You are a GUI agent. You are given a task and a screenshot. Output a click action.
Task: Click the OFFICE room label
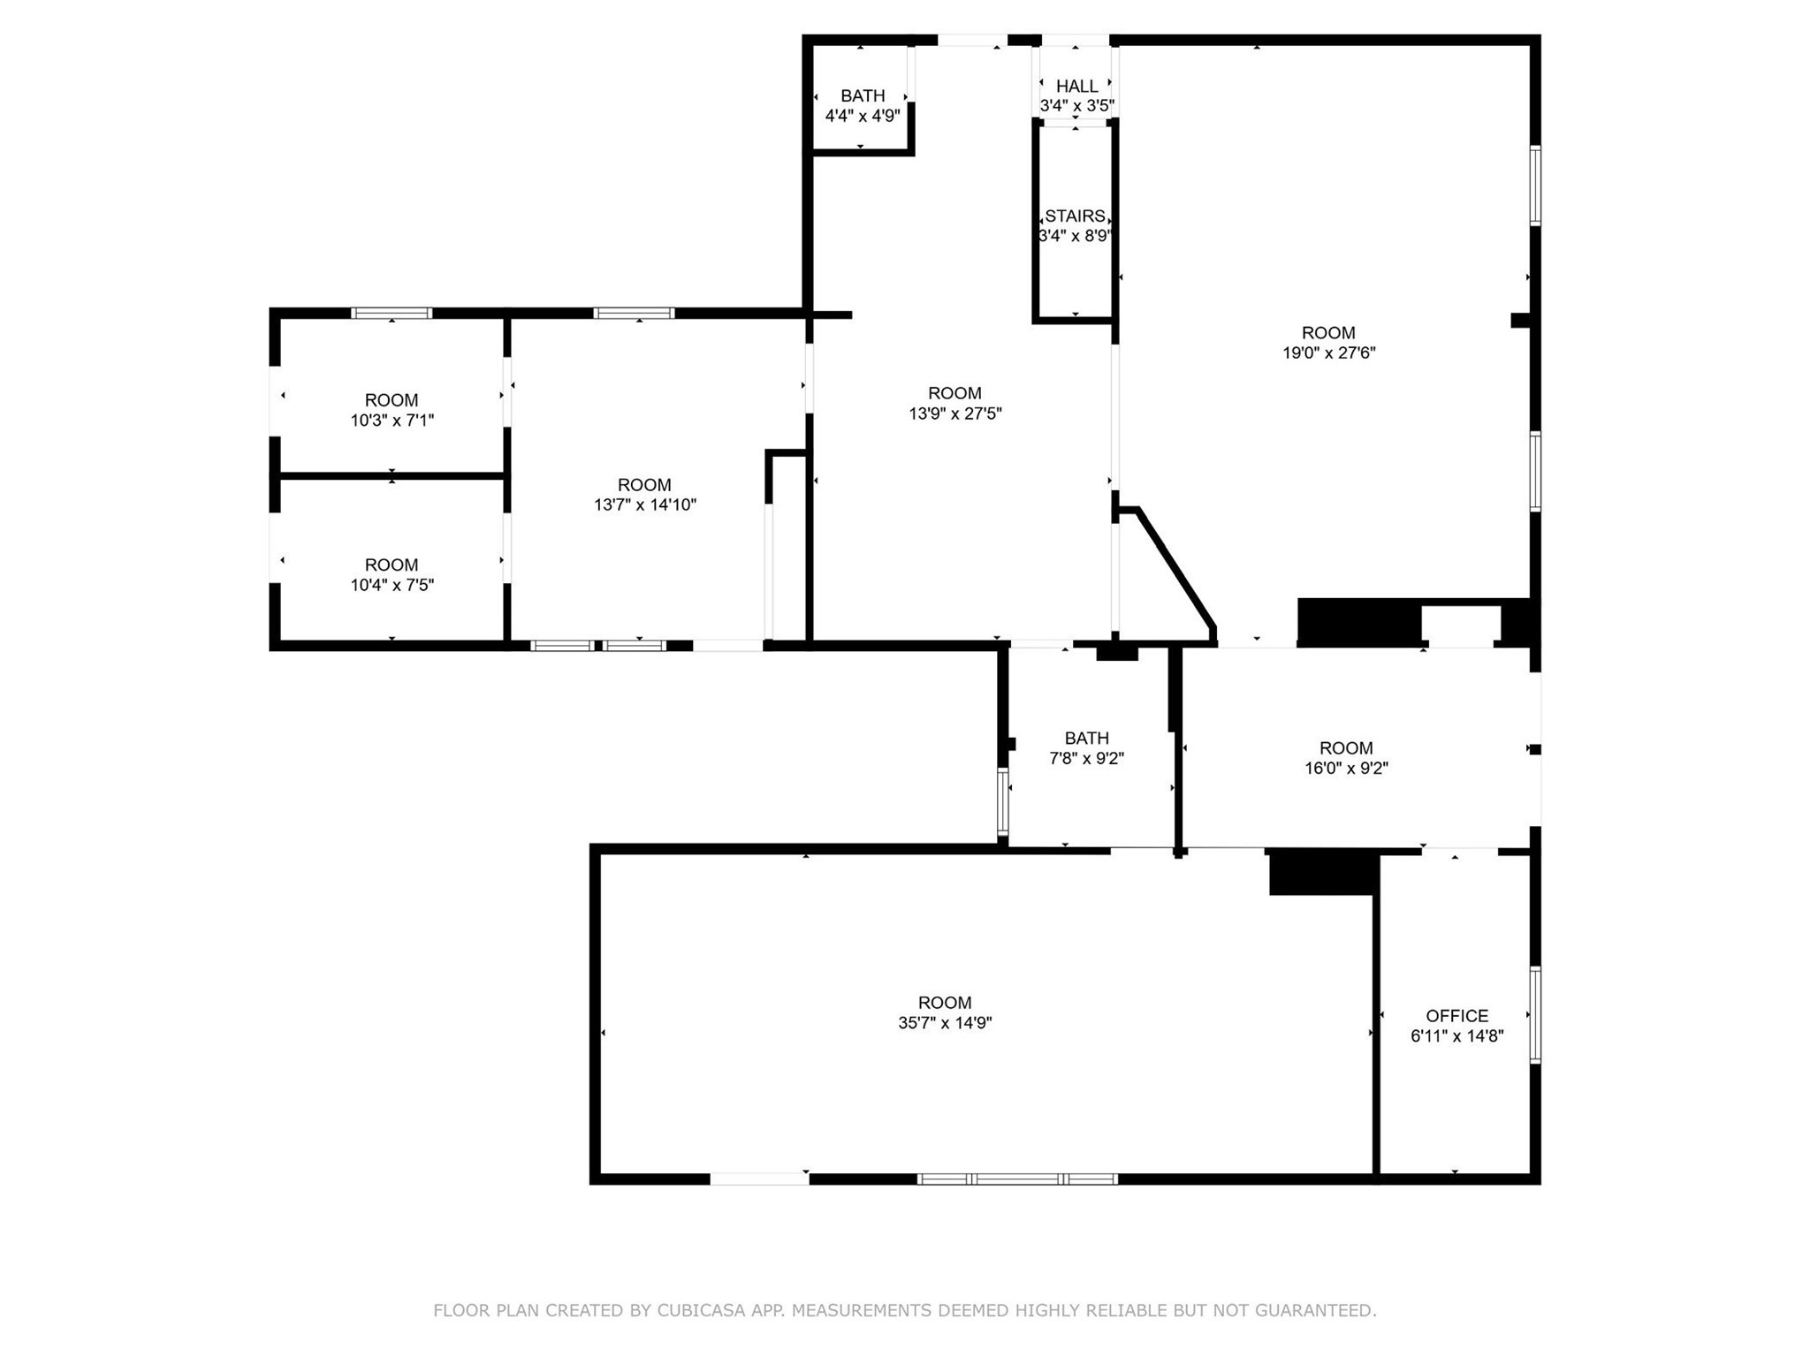coord(1456,1016)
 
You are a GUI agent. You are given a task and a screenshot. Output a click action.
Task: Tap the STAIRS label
coord(1074,216)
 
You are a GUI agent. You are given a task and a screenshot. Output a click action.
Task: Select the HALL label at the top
coord(1076,86)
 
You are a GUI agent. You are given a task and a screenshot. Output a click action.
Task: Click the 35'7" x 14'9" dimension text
coord(945,1023)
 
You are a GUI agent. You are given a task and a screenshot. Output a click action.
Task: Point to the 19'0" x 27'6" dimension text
coord(1328,353)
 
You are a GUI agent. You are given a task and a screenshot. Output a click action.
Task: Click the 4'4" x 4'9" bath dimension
coord(862,116)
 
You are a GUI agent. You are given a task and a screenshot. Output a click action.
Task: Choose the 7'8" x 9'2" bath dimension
coord(1086,758)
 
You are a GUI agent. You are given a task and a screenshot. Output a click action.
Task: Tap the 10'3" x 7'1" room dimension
coord(392,421)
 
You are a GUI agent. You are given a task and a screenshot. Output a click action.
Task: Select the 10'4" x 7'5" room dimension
coord(392,585)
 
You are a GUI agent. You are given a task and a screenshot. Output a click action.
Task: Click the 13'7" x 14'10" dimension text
coord(644,505)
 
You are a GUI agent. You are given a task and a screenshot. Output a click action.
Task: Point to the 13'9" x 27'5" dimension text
coord(954,413)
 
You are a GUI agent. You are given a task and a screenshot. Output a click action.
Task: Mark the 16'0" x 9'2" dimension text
coord(1346,769)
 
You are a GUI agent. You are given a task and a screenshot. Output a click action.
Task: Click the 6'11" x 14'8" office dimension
coord(1456,1036)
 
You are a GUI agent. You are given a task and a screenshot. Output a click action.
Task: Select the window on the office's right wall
coord(1535,1015)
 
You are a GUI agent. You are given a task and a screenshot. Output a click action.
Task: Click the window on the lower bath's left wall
coord(1002,802)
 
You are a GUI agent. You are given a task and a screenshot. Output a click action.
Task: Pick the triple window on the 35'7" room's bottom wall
coord(1017,1179)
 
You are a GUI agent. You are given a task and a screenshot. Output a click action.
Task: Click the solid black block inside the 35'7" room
coord(1322,875)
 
